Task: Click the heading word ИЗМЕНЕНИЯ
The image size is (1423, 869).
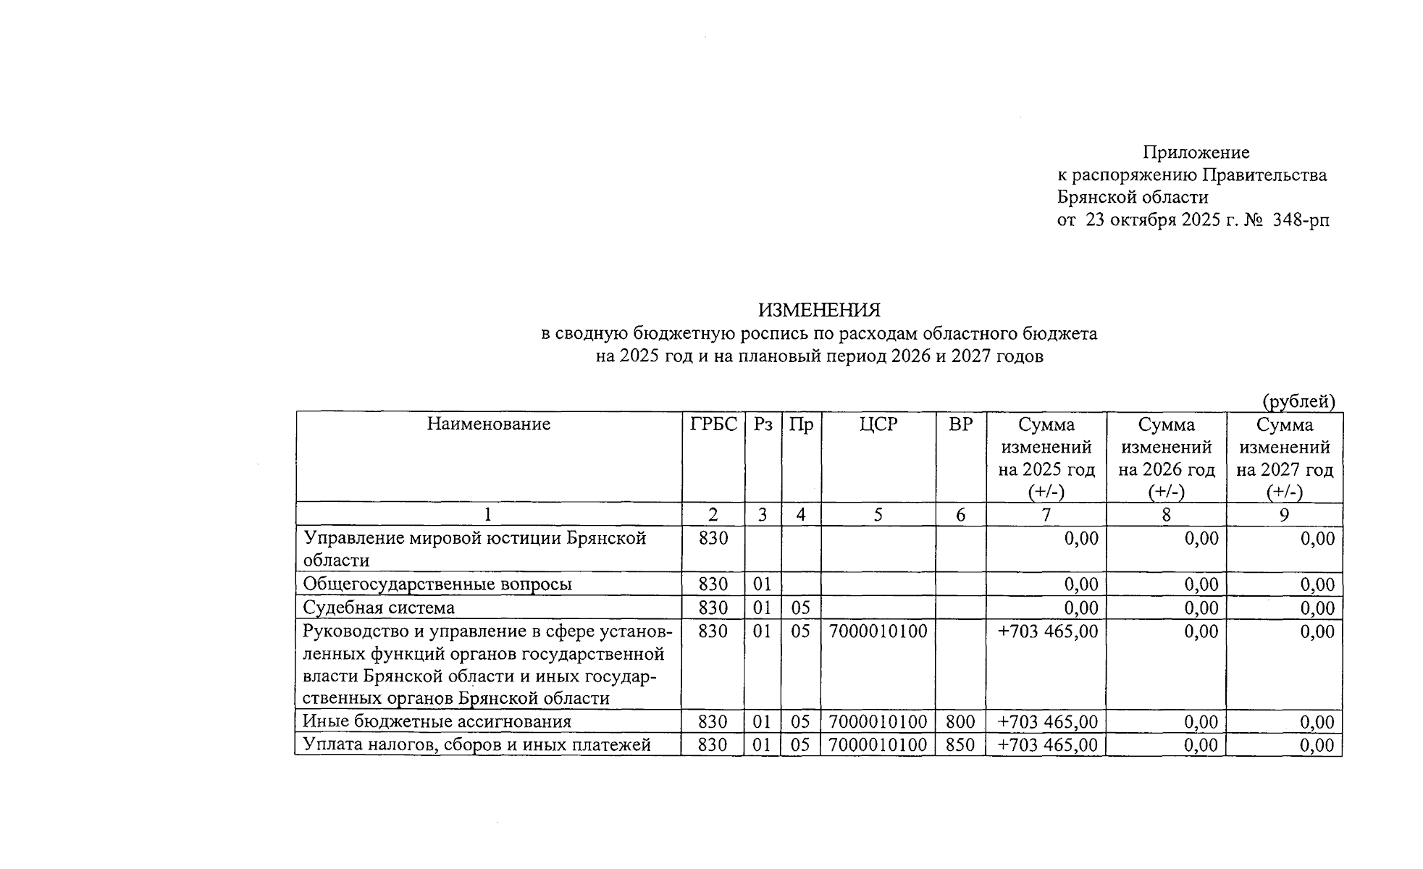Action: [818, 311]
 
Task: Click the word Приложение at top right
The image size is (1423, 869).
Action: [1196, 153]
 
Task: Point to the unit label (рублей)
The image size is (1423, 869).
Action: [1298, 401]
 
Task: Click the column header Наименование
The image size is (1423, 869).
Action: [488, 424]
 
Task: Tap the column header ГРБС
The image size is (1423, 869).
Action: [713, 424]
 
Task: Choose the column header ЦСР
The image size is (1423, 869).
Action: [878, 424]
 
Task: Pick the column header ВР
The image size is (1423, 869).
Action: [960, 424]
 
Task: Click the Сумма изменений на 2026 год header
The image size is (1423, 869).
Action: [1166, 458]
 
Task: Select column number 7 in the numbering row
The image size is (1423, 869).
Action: [1046, 515]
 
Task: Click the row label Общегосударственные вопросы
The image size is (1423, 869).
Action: [437, 584]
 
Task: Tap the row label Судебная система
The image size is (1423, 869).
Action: [379, 608]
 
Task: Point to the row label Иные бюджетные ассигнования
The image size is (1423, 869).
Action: [437, 722]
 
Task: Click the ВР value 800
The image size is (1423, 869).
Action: [960, 722]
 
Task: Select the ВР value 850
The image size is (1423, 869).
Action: [960, 745]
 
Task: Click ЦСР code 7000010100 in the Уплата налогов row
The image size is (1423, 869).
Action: [878, 745]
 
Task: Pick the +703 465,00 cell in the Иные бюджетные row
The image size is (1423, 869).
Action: [1047, 722]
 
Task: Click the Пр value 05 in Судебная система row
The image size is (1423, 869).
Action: [800, 608]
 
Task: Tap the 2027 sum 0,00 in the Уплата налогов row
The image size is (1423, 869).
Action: [1317, 745]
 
